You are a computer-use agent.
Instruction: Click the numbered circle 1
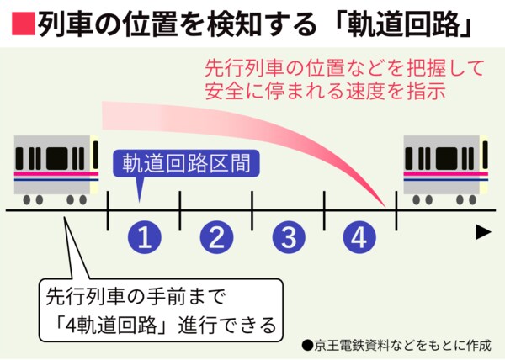[144, 239]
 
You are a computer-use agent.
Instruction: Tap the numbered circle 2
[216, 239]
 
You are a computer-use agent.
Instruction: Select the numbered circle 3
[289, 239]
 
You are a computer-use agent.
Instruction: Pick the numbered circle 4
[360, 239]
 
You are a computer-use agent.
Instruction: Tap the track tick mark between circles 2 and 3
[252, 209]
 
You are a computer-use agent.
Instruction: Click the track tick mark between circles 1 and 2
[180, 209]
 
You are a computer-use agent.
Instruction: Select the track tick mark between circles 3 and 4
[324, 209]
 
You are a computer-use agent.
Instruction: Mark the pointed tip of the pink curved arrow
[389, 206]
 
